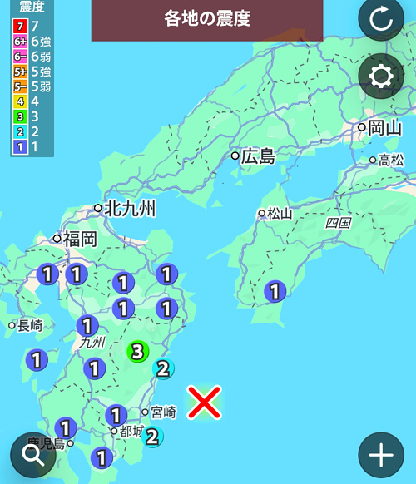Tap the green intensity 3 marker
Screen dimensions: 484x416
pos(138,352)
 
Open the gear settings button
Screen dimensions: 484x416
pos(381,77)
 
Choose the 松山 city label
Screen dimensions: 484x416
pos(280,213)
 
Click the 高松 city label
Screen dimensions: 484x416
pos(390,160)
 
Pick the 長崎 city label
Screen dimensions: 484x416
pos(29,325)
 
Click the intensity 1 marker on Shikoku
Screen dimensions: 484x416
pos(275,291)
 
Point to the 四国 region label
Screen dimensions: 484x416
pos(339,223)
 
